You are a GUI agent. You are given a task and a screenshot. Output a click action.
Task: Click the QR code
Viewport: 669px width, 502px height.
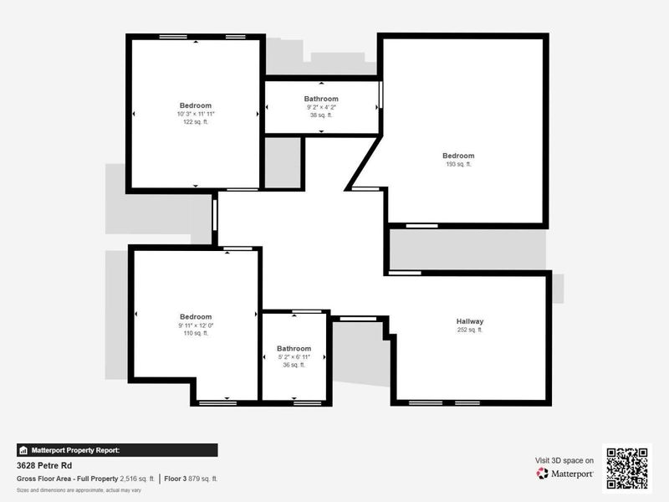(x=626, y=467)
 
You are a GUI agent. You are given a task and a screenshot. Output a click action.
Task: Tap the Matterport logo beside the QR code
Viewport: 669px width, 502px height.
(x=565, y=474)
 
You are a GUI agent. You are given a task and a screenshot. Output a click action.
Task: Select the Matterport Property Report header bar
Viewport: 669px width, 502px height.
(x=117, y=450)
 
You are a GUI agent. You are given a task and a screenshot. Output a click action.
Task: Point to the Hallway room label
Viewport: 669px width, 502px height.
(x=470, y=321)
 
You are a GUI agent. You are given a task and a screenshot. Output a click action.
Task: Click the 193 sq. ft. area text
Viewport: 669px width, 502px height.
(x=458, y=164)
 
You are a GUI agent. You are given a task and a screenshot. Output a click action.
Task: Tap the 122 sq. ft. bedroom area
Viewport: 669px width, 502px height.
(x=195, y=122)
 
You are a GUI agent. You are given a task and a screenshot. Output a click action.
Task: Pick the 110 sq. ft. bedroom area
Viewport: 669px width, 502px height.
(x=195, y=333)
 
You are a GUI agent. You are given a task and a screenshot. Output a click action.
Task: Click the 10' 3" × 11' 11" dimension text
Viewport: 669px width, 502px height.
(x=195, y=114)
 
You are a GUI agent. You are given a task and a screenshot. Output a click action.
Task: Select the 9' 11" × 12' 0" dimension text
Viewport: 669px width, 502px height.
(x=195, y=325)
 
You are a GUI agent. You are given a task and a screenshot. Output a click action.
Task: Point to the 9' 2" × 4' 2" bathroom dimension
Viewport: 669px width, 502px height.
(x=321, y=107)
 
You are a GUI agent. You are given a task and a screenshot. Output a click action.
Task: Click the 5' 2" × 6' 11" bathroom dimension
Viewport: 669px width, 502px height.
(x=294, y=357)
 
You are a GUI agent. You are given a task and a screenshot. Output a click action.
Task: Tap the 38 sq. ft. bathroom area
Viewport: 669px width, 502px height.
(x=321, y=115)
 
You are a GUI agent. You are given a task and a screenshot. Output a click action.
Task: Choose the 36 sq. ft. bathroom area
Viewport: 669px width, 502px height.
(x=294, y=365)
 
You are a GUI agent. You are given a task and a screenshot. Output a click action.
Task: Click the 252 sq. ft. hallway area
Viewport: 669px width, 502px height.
(x=470, y=330)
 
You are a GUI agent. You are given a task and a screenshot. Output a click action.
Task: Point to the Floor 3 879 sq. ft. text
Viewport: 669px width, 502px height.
(x=191, y=479)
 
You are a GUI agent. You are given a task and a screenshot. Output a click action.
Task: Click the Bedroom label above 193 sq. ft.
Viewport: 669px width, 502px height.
(x=458, y=156)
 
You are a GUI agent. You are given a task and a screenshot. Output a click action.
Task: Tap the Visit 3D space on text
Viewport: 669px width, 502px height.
(x=564, y=460)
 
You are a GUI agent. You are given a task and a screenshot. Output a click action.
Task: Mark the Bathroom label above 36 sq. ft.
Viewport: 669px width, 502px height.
(x=294, y=349)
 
